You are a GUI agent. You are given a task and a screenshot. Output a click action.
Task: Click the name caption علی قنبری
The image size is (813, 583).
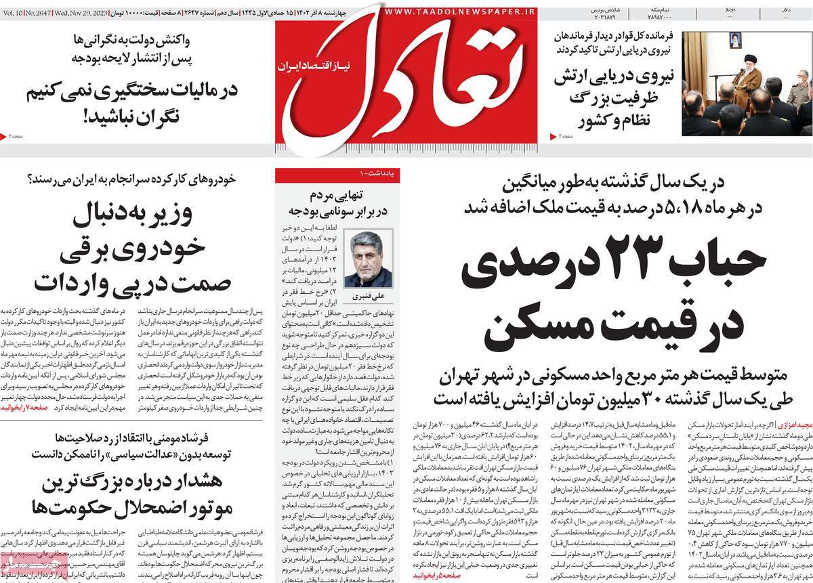tap(367, 297)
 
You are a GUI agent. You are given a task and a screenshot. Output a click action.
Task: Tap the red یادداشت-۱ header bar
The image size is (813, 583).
tap(337, 174)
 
